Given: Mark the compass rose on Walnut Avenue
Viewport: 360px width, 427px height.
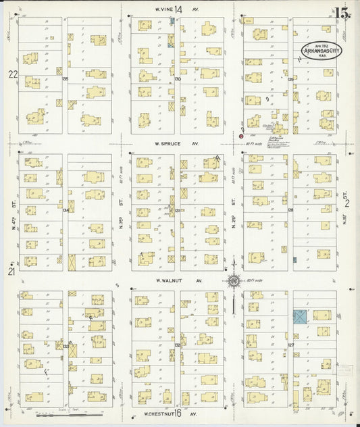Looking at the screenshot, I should [233, 281].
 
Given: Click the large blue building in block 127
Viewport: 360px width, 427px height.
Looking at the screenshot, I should [301, 316].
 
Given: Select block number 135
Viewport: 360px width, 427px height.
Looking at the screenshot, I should [66, 79].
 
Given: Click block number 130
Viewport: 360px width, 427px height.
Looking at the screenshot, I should [177, 79].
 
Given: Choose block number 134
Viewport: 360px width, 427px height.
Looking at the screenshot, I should [66, 210].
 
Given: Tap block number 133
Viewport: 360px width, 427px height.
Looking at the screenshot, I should [66, 345].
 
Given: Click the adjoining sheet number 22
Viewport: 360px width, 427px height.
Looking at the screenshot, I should [11, 74].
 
